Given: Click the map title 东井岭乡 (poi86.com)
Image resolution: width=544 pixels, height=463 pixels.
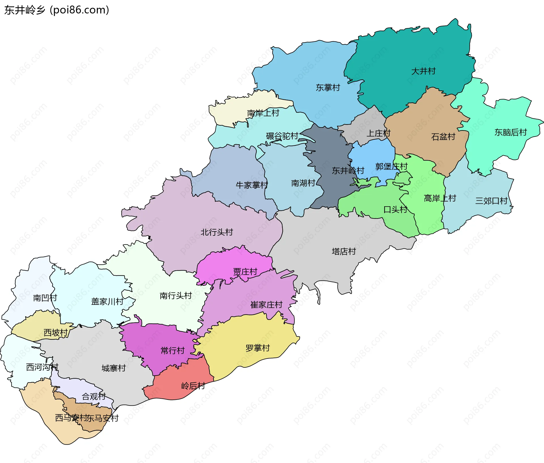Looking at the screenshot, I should click(57, 10).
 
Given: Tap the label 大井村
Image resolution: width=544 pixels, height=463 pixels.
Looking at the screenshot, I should click(423, 71).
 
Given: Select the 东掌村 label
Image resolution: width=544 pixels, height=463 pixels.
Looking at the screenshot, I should click(328, 88).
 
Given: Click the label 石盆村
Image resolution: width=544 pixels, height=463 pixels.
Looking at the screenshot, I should click(443, 137).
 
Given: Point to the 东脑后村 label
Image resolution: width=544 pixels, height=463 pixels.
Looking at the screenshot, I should click(511, 132).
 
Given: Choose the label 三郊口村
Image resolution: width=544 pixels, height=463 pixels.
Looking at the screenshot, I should click(491, 201).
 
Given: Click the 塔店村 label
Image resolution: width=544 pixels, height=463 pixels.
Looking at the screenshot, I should click(344, 251).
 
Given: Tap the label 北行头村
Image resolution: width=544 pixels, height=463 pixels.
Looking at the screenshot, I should click(217, 232).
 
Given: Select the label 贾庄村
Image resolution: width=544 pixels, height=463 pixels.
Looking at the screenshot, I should click(245, 272).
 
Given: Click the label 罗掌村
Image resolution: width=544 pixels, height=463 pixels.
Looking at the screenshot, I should click(258, 348).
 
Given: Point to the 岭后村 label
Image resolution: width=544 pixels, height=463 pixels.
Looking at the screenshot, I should click(193, 386).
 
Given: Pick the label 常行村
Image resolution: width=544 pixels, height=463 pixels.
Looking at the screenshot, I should click(173, 351).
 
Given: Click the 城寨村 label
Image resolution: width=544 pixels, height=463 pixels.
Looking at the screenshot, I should click(114, 368).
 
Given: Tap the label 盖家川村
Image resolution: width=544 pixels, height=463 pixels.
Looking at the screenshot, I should click(107, 301).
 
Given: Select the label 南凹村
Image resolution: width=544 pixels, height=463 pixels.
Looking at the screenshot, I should click(45, 298).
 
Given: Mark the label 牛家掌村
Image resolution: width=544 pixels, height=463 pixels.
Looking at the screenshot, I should click(252, 185).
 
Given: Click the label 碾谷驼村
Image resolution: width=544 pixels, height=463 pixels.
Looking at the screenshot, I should click(282, 136).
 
